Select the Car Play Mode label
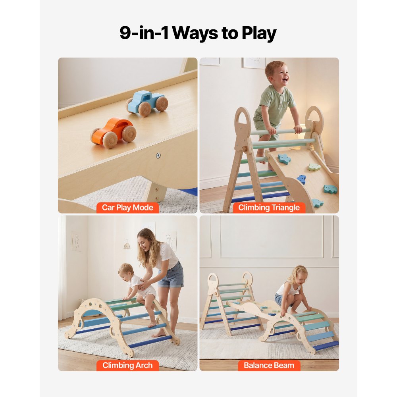(127, 207)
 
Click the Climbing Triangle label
(269, 207)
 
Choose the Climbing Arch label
(127, 365)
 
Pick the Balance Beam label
(269, 365)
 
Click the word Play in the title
(257, 33)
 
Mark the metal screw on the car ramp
(158, 156)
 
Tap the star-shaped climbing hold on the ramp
(284, 159)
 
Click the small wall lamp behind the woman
(127, 245)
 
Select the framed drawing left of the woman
(76, 241)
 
